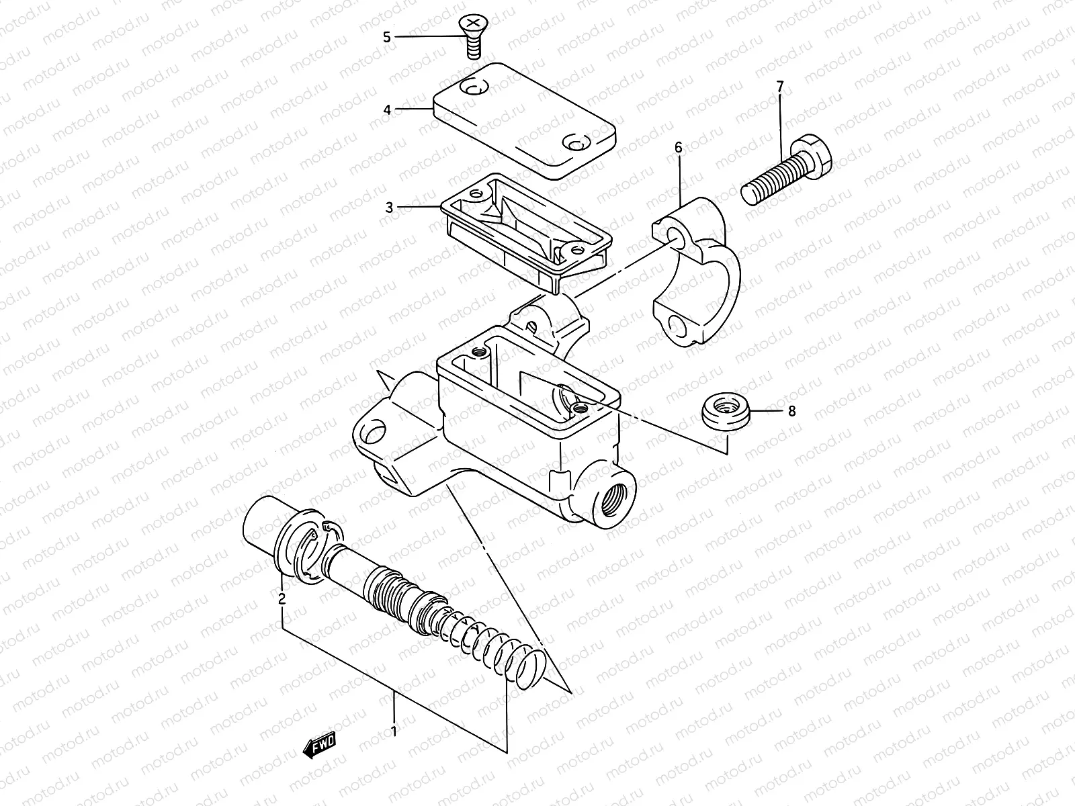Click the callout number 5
pos(387,37)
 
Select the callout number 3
pos(389,208)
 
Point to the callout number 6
pos(679,146)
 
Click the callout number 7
pos(780,87)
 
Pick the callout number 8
pos(791,410)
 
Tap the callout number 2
pos(282,598)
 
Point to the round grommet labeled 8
pos(725,410)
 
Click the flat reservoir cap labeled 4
pos(524,121)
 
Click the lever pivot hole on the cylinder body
pos(376,430)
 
